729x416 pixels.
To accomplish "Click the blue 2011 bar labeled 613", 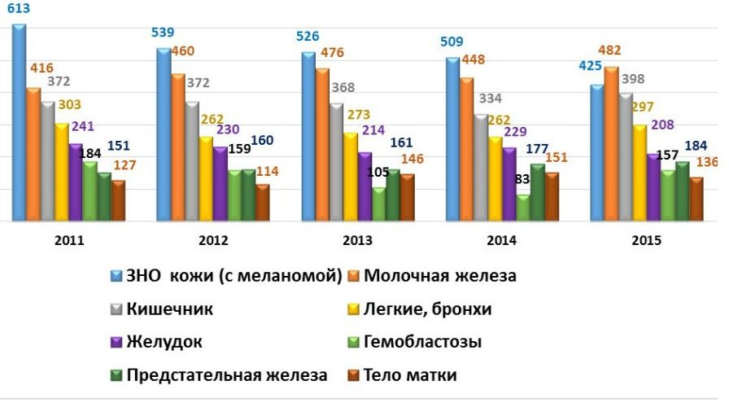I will pyautogui.click(x=19, y=122).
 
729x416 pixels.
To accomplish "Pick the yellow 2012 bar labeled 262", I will pyautogui.click(x=206, y=178).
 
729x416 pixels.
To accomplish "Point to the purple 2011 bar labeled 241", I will pyautogui.click(x=76, y=182).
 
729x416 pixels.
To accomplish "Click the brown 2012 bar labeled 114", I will pyautogui.click(x=261, y=203).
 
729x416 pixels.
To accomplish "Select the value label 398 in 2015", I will pyautogui.click(x=632, y=78).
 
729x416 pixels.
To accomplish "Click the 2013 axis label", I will pyautogui.click(x=358, y=241).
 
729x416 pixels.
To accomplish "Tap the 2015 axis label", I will pyautogui.click(x=647, y=241).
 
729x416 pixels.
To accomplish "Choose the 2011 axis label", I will pyautogui.click(x=69, y=241).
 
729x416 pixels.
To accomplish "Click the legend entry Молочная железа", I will pyautogui.click(x=439, y=276).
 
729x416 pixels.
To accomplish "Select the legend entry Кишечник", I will pyautogui.click(x=170, y=309).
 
